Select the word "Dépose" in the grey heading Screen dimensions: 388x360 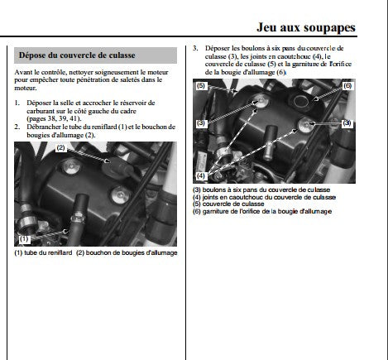[31, 55]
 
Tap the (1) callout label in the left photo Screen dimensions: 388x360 [24, 239]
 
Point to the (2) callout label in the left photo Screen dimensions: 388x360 [60, 148]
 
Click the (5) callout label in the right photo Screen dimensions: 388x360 [201, 86]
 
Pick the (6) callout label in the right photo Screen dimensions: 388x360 [347, 86]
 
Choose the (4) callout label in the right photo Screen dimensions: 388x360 [201, 175]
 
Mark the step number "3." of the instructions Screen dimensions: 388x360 [195, 48]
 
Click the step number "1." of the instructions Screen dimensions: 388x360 [17, 103]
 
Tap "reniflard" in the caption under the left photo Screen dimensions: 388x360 [60, 252]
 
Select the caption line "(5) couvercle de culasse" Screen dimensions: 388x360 [228, 204]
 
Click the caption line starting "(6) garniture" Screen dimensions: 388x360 [262, 212]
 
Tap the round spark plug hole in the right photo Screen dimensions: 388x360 [299, 101]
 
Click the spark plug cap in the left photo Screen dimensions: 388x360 [116, 167]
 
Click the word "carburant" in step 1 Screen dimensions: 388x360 [41, 111]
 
